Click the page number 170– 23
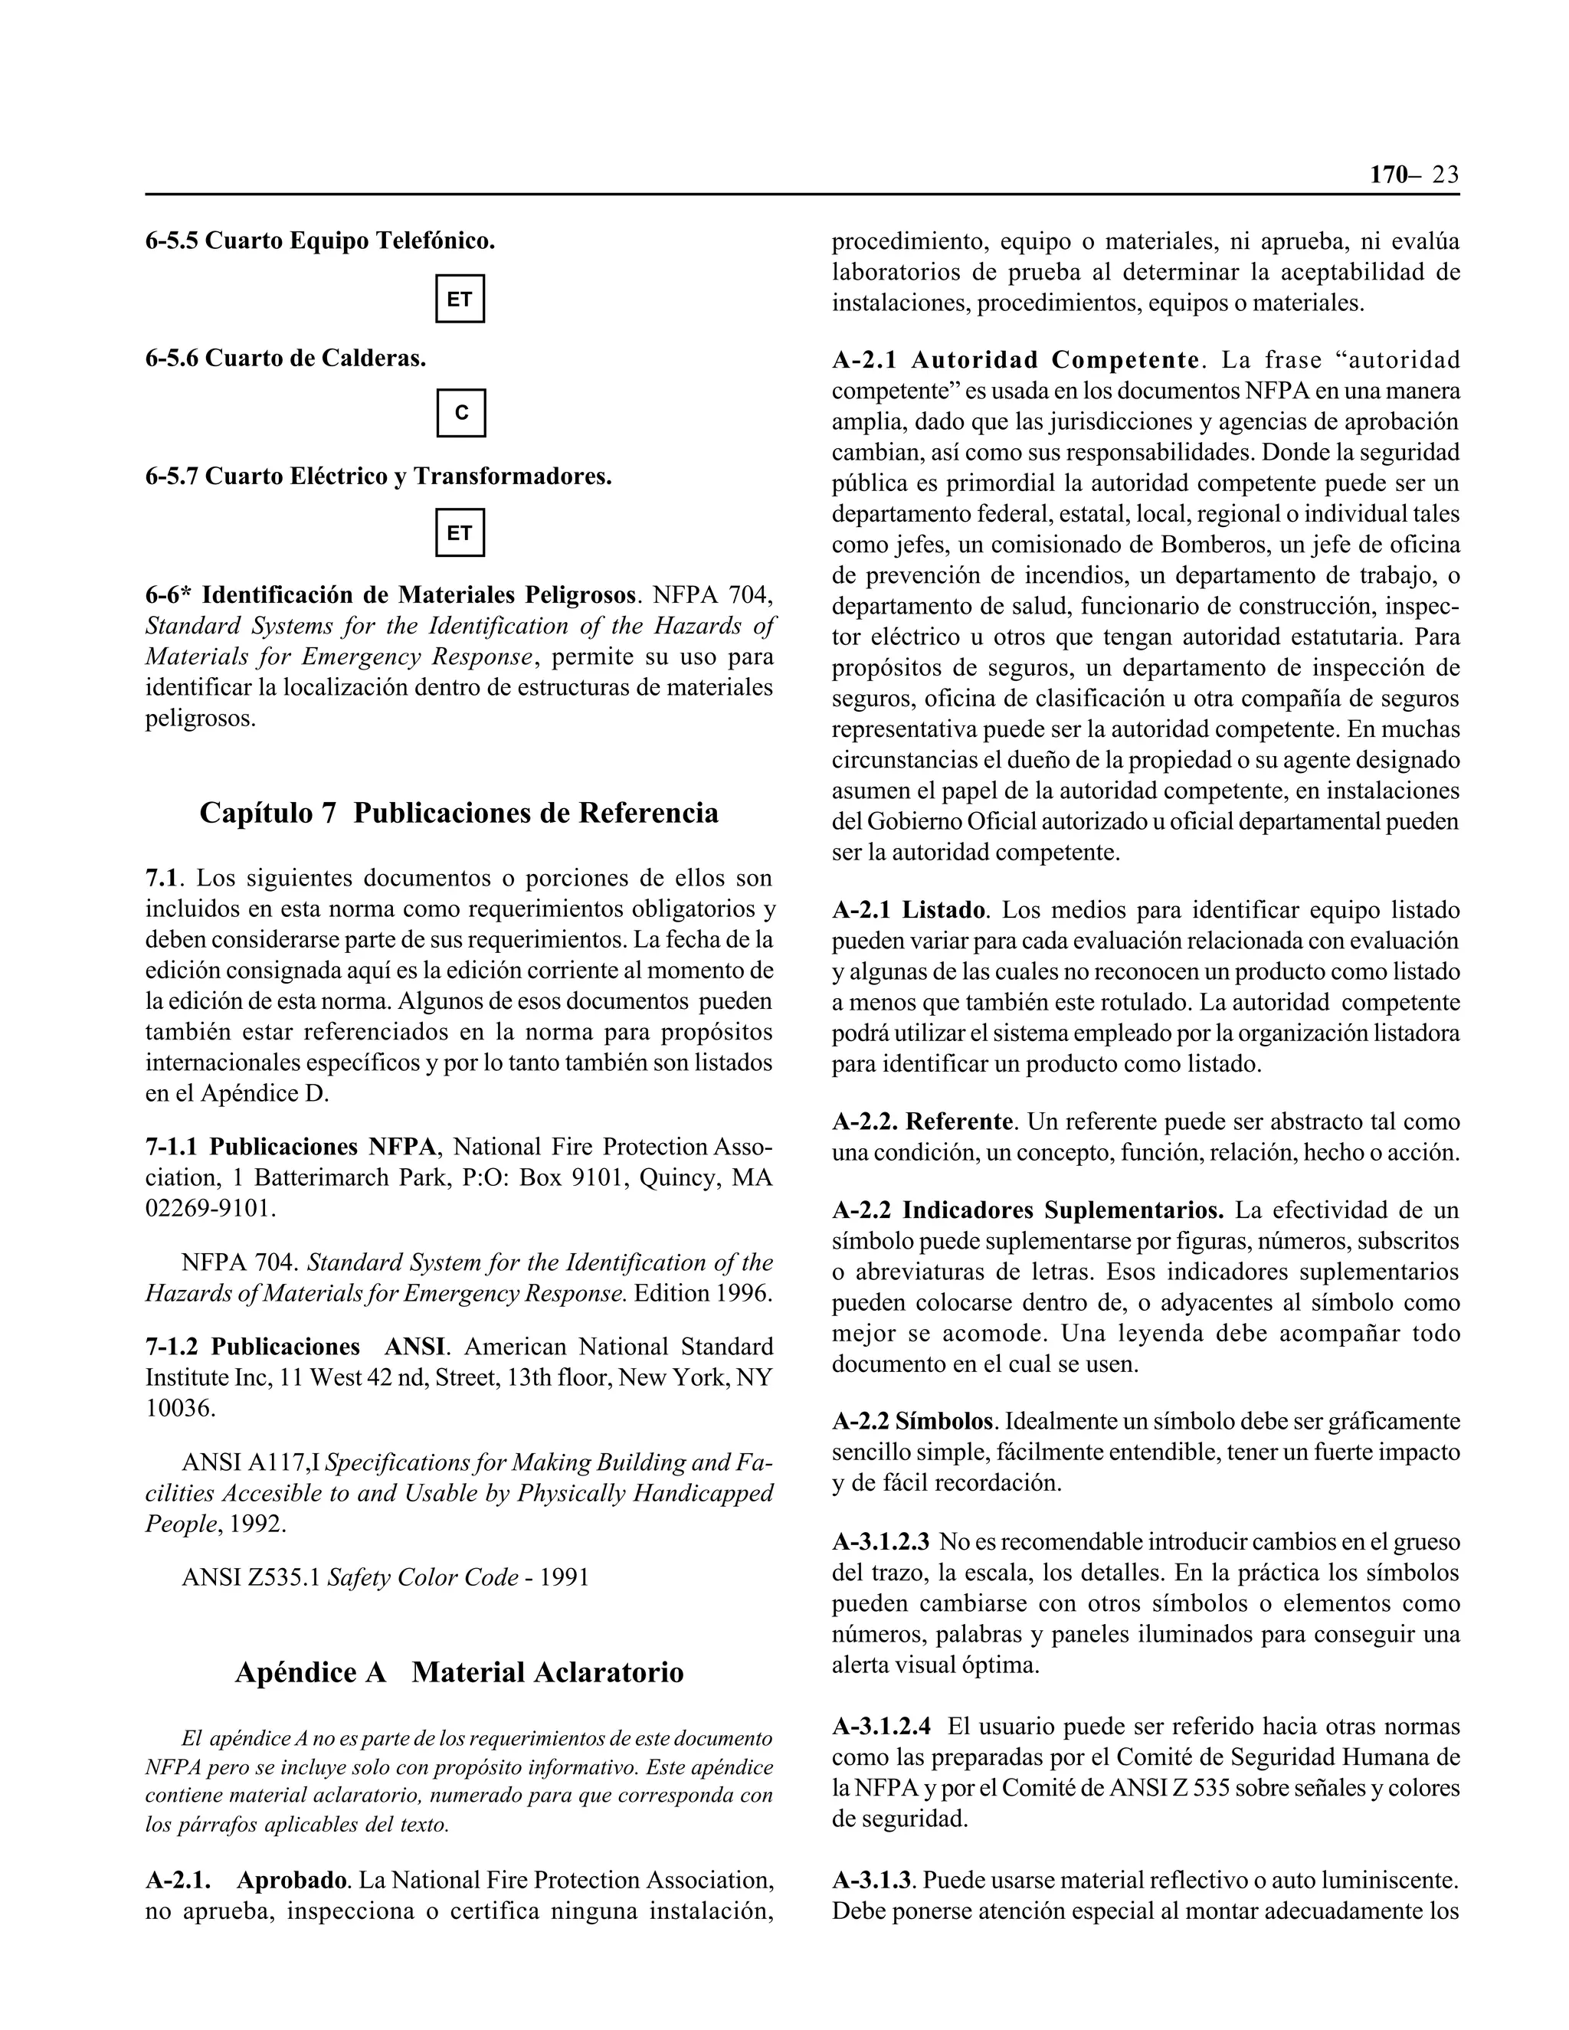click(1413, 175)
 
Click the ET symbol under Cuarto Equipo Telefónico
click(460, 300)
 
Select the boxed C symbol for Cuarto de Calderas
click(461, 413)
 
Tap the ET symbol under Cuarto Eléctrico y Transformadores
click(460, 532)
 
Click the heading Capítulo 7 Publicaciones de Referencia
click(459, 814)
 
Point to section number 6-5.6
click(172, 358)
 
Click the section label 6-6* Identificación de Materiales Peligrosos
click(391, 595)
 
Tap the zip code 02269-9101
click(210, 1208)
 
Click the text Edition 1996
click(703, 1294)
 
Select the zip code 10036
click(179, 1407)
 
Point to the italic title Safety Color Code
click(422, 1577)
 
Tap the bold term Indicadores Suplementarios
click(1063, 1210)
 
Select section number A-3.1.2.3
click(880, 1543)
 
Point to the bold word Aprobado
click(292, 1881)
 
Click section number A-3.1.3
click(873, 1881)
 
